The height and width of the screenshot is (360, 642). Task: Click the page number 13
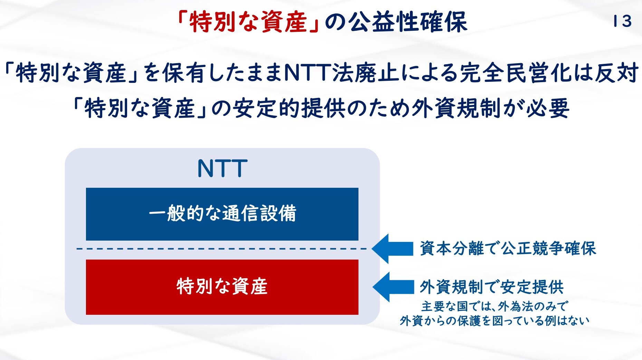(x=622, y=21)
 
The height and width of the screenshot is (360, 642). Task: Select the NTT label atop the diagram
(x=222, y=168)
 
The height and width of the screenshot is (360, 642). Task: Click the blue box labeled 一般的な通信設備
(x=222, y=214)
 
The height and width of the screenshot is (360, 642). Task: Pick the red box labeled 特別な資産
(x=222, y=287)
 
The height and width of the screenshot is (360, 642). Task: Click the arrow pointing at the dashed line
(x=392, y=249)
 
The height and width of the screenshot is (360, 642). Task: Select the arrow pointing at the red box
(x=393, y=287)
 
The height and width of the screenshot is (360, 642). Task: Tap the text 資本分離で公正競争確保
(x=508, y=249)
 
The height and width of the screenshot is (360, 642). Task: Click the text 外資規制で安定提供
(x=492, y=287)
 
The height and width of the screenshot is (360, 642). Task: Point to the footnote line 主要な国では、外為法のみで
(x=494, y=307)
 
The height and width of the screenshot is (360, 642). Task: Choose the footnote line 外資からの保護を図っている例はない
(x=495, y=321)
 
